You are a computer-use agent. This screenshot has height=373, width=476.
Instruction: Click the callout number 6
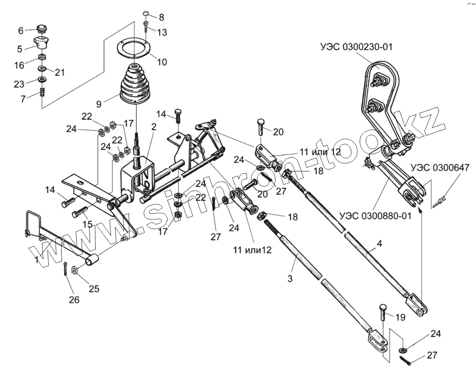pos(20,31)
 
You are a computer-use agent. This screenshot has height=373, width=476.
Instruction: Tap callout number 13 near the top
pos(162,33)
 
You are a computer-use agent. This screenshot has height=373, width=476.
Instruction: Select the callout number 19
pos(401,317)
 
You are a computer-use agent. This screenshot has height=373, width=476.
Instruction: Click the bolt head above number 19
pos(383,307)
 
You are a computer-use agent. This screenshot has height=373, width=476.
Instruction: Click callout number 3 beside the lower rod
pos(290,278)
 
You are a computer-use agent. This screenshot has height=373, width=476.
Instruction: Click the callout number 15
pos(87,224)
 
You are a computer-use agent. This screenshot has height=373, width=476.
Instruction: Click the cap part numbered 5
pos(41,44)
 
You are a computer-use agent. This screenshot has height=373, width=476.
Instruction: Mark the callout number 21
pos(60,73)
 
